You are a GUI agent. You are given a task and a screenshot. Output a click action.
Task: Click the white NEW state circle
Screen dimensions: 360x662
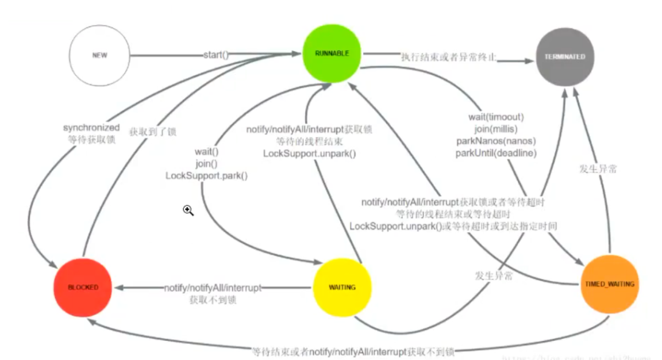pyautogui.click(x=99, y=55)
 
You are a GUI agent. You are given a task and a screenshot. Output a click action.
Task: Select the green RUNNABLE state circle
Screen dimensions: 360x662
pyautogui.click(x=332, y=53)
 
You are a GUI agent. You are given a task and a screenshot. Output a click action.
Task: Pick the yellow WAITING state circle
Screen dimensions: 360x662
pyautogui.click(x=342, y=287)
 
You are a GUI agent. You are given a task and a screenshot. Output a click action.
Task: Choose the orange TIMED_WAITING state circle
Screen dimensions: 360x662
pyautogui.click(x=610, y=284)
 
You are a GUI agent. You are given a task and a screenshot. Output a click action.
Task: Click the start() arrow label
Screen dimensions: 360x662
pyautogui.click(x=216, y=55)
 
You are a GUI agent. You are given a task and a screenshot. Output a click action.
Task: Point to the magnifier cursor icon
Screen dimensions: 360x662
pyautogui.click(x=188, y=211)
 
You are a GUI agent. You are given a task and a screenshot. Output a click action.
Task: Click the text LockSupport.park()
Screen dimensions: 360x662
pyautogui.click(x=206, y=175)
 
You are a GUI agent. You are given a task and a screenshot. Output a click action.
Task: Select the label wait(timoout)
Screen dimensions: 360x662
pyautogui.click(x=496, y=117)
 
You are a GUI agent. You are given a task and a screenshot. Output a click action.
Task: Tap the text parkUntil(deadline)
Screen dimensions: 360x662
pyautogui.click(x=496, y=153)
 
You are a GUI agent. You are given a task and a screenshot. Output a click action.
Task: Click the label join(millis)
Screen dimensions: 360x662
pyautogui.click(x=496, y=129)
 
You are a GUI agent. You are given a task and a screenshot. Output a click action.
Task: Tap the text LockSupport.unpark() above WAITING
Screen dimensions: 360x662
pyautogui.click(x=310, y=153)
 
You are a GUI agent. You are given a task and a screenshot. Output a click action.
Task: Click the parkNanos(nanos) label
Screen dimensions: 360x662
pyautogui.click(x=496, y=141)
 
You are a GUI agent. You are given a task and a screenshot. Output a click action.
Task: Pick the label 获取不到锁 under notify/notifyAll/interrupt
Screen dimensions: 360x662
pyautogui.click(x=213, y=300)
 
